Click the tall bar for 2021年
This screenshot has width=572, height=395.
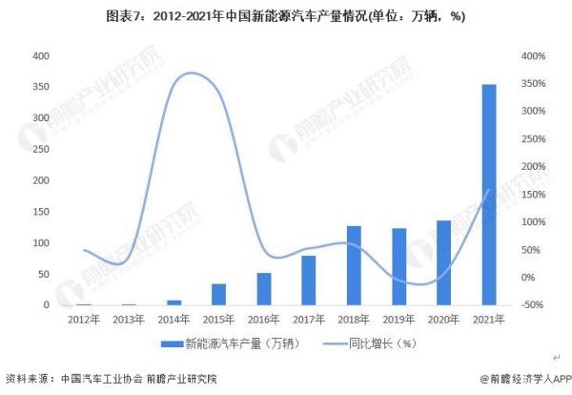click(488, 195)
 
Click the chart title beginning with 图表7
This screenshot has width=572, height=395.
click(286, 16)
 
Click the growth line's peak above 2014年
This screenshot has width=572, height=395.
click(193, 73)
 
